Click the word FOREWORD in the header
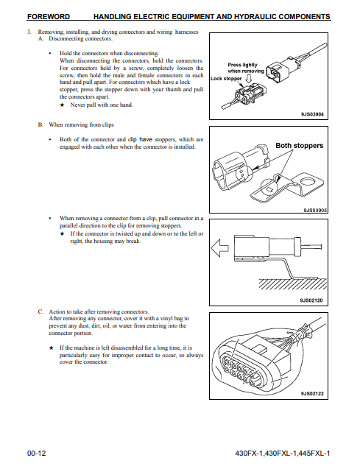(x=49, y=16)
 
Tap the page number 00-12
(x=37, y=454)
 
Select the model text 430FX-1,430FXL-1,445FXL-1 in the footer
(x=283, y=454)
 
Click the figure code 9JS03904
(x=312, y=114)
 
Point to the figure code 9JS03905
(x=315, y=211)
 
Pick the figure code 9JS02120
(x=311, y=300)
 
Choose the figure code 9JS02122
(x=312, y=394)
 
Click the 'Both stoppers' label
(x=300, y=146)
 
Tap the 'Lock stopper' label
(x=226, y=78)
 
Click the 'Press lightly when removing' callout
(x=246, y=68)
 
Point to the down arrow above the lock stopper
(x=248, y=78)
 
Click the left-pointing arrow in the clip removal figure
(x=220, y=248)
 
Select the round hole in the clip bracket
(x=308, y=182)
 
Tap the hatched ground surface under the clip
(x=292, y=283)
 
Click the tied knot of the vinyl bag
(x=306, y=331)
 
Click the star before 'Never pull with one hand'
(x=62, y=105)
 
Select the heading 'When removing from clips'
(x=81, y=124)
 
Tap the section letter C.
(x=40, y=311)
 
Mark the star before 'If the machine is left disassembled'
(x=52, y=348)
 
